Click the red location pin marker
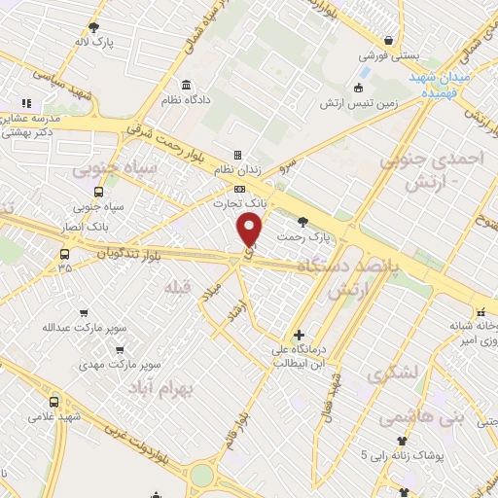tap(250, 231)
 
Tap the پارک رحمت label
tap(303, 236)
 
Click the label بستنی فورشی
tap(388, 57)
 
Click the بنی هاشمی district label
tap(404, 418)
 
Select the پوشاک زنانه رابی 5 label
tap(404, 454)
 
